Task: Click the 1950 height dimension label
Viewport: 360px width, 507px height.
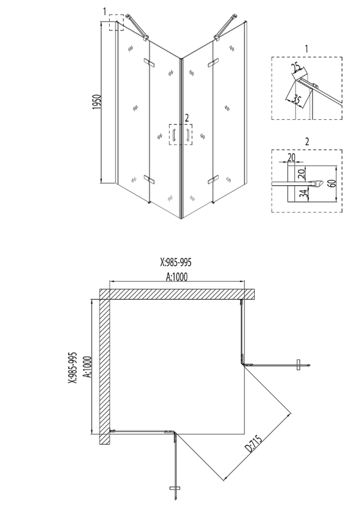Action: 97,102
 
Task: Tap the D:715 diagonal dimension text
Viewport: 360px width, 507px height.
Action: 253,445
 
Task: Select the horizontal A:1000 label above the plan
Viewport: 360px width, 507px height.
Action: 177,276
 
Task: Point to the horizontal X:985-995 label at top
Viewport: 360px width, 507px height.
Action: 176,262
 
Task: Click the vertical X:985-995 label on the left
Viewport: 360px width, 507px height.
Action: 73,368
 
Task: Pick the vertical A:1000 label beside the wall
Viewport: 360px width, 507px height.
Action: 87,366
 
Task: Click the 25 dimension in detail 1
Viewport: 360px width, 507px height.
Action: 296,67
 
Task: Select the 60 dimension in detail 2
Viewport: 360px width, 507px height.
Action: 333,183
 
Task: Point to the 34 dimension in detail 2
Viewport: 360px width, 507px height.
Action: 304,194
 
